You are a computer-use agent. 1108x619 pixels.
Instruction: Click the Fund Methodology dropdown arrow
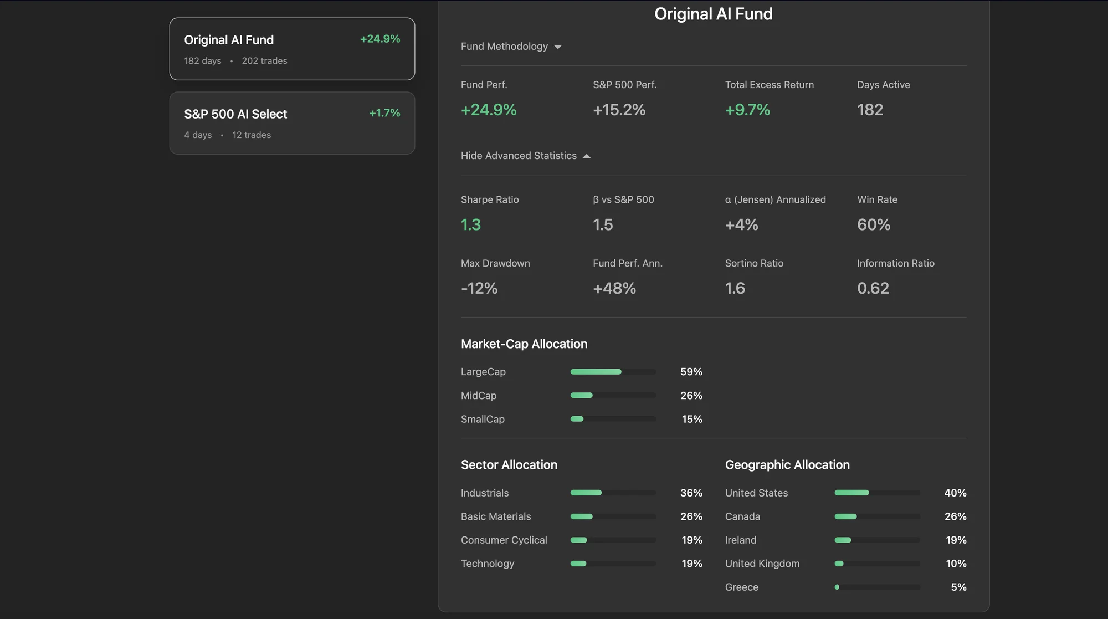pyautogui.click(x=558, y=47)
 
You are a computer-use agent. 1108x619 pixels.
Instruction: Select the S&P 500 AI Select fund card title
pyautogui.click(x=235, y=114)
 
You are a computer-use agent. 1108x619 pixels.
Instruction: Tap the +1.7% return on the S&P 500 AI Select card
pyautogui.click(x=384, y=113)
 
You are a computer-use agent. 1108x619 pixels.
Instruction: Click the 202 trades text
pyautogui.click(x=264, y=61)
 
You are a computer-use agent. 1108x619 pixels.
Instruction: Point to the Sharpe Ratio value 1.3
pyautogui.click(x=471, y=225)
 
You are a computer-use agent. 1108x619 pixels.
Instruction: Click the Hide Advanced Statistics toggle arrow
pyautogui.click(x=587, y=156)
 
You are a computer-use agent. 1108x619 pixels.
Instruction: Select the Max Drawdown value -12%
pyautogui.click(x=479, y=289)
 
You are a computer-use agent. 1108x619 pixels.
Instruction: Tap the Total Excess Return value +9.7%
pyautogui.click(x=747, y=110)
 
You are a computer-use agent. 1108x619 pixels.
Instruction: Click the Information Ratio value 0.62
pyautogui.click(x=873, y=289)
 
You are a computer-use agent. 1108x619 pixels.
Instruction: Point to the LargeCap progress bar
pyautogui.click(x=613, y=372)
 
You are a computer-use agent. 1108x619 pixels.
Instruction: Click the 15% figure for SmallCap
pyautogui.click(x=692, y=420)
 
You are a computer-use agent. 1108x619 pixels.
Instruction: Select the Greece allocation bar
pyautogui.click(x=877, y=587)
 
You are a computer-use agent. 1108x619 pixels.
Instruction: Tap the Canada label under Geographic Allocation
pyautogui.click(x=742, y=516)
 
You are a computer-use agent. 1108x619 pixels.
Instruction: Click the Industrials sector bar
pyautogui.click(x=613, y=493)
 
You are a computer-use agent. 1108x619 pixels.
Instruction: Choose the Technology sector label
pyautogui.click(x=488, y=564)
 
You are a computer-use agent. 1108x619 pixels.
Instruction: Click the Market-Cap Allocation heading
pyautogui.click(x=524, y=344)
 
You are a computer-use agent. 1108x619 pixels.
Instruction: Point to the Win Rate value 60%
pyautogui.click(x=874, y=225)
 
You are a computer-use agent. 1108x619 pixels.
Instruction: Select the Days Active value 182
pyautogui.click(x=870, y=110)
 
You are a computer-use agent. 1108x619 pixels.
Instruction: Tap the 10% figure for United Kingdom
pyautogui.click(x=956, y=564)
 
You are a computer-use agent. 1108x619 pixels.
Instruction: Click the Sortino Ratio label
pyautogui.click(x=754, y=264)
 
